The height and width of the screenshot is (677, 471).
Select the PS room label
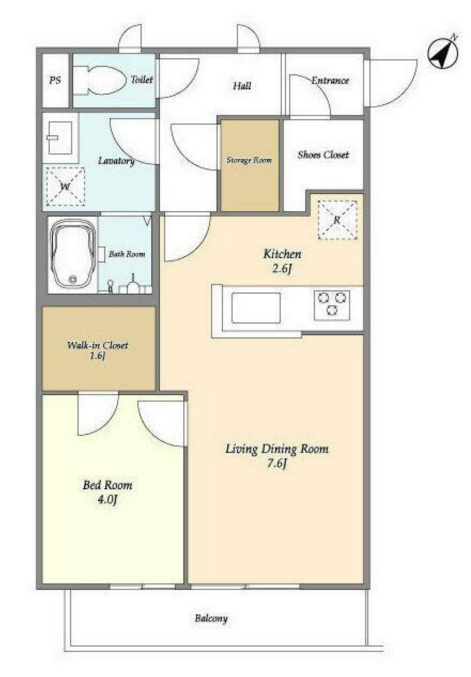(x=55, y=80)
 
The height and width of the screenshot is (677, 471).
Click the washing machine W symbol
(x=65, y=187)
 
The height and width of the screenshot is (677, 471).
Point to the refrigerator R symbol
(x=337, y=220)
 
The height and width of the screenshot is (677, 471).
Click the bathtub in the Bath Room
(x=73, y=255)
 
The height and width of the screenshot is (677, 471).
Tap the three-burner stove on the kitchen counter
(x=331, y=305)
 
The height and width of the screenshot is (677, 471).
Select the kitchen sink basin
(x=256, y=307)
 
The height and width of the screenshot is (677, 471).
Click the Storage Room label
(x=249, y=160)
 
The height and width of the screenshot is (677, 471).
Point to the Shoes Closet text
(x=323, y=155)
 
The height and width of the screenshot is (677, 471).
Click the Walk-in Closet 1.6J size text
(x=97, y=357)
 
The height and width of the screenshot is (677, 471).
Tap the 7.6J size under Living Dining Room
(x=276, y=463)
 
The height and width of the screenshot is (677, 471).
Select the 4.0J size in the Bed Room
(x=107, y=499)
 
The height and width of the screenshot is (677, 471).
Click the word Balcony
(x=211, y=618)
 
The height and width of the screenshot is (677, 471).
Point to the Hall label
(x=242, y=86)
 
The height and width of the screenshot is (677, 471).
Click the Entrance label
(x=330, y=80)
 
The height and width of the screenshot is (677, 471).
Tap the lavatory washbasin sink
(x=60, y=137)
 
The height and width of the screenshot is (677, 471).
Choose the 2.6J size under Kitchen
(x=281, y=268)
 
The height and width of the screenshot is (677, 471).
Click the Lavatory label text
(x=117, y=161)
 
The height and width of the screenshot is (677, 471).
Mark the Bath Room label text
(x=127, y=254)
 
